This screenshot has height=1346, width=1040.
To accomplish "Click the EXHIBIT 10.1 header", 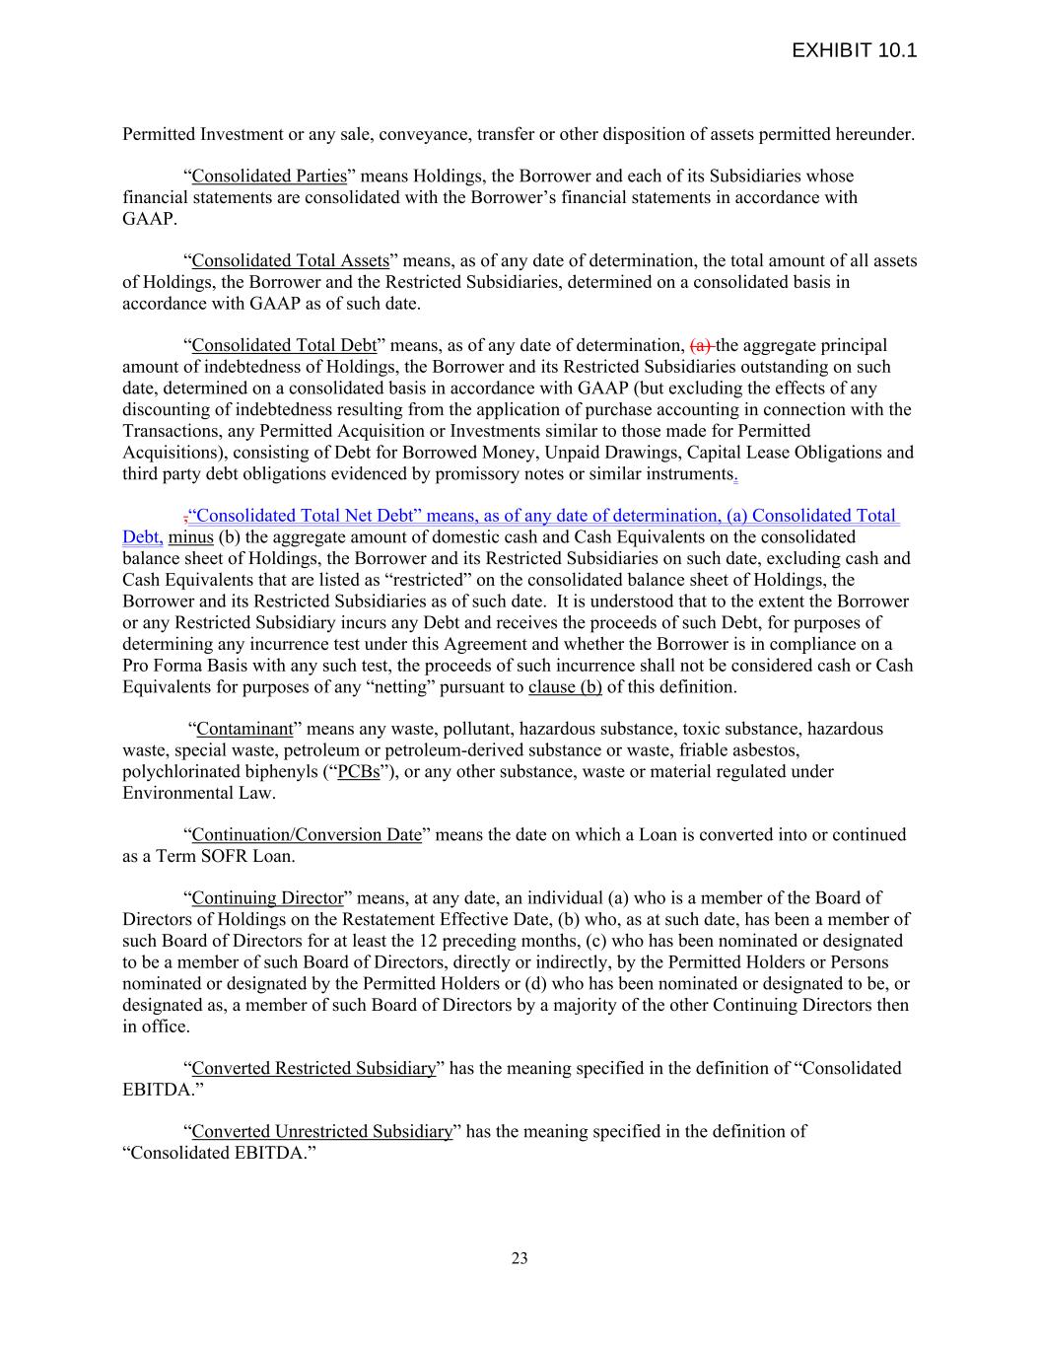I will click(x=854, y=50).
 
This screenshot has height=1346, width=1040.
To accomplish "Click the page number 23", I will click(x=520, y=1257).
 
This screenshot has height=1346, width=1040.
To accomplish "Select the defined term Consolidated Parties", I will click(x=269, y=177).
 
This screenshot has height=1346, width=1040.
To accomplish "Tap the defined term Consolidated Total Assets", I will click(x=291, y=261).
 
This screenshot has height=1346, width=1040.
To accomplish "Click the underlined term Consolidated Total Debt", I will click(x=284, y=346).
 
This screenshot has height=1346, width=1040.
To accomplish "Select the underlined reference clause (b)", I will click(x=565, y=687).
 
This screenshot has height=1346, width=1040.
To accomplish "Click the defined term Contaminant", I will click(x=245, y=730).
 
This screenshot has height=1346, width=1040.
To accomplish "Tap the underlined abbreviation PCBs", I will click(x=358, y=772).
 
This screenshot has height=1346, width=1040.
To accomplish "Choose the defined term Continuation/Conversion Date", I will click(x=307, y=835).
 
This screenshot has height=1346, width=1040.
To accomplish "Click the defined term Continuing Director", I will click(x=267, y=898).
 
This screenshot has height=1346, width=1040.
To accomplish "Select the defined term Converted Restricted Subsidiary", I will click(x=313, y=1069).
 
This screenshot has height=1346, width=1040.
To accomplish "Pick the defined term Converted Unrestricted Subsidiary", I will click(x=321, y=1132).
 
